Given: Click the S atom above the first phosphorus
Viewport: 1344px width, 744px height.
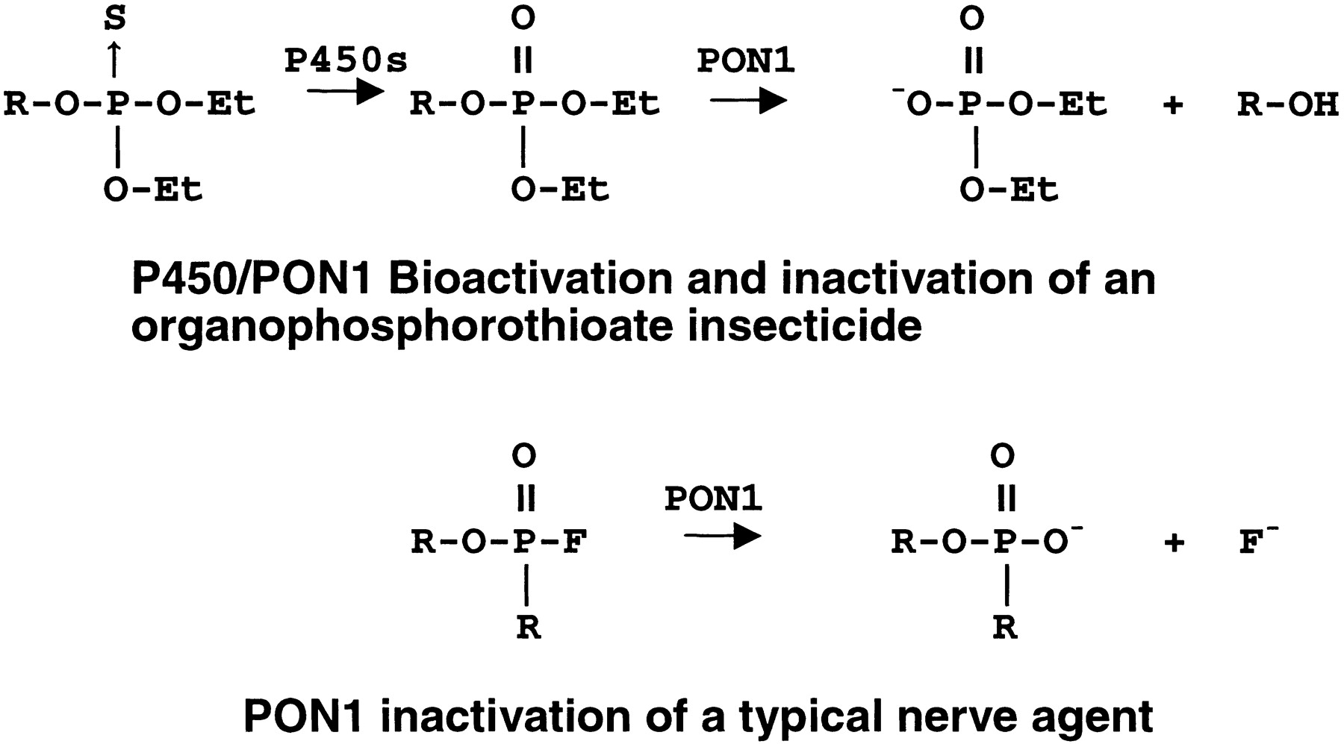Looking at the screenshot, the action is (x=114, y=18).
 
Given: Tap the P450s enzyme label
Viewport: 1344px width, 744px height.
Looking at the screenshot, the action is (x=346, y=60).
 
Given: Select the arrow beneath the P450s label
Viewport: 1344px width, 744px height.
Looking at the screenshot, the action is (x=345, y=93).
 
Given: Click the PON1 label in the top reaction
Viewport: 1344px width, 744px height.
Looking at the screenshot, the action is (x=747, y=60).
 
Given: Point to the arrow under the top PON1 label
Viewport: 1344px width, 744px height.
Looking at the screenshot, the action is (x=749, y=101).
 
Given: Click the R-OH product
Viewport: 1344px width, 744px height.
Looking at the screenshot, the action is (x=1288, y=104).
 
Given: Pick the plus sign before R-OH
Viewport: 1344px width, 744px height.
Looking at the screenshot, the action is (x=1174, y=105).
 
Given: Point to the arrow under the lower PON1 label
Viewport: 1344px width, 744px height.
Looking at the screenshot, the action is (x=723, y=536).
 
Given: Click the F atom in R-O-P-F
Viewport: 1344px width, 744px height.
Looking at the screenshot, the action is (x=575, y=543).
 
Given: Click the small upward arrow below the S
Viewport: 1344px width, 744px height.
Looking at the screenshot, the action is (x=114, y=59).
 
